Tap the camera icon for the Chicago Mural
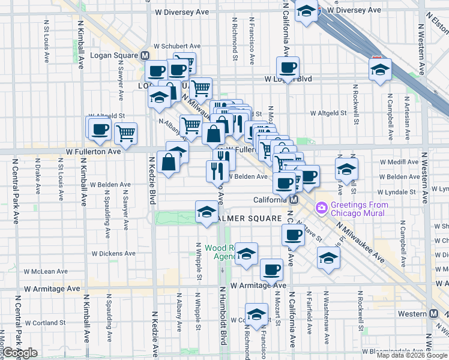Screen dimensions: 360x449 coord(321,208)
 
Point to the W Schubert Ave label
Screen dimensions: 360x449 coord(176,46)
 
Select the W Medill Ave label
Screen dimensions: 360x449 coord(400,162)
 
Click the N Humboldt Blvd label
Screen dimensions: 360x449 coord(221,315)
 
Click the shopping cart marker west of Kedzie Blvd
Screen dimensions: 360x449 coord(125,133)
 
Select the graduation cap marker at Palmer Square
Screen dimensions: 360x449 coord(206,211)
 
